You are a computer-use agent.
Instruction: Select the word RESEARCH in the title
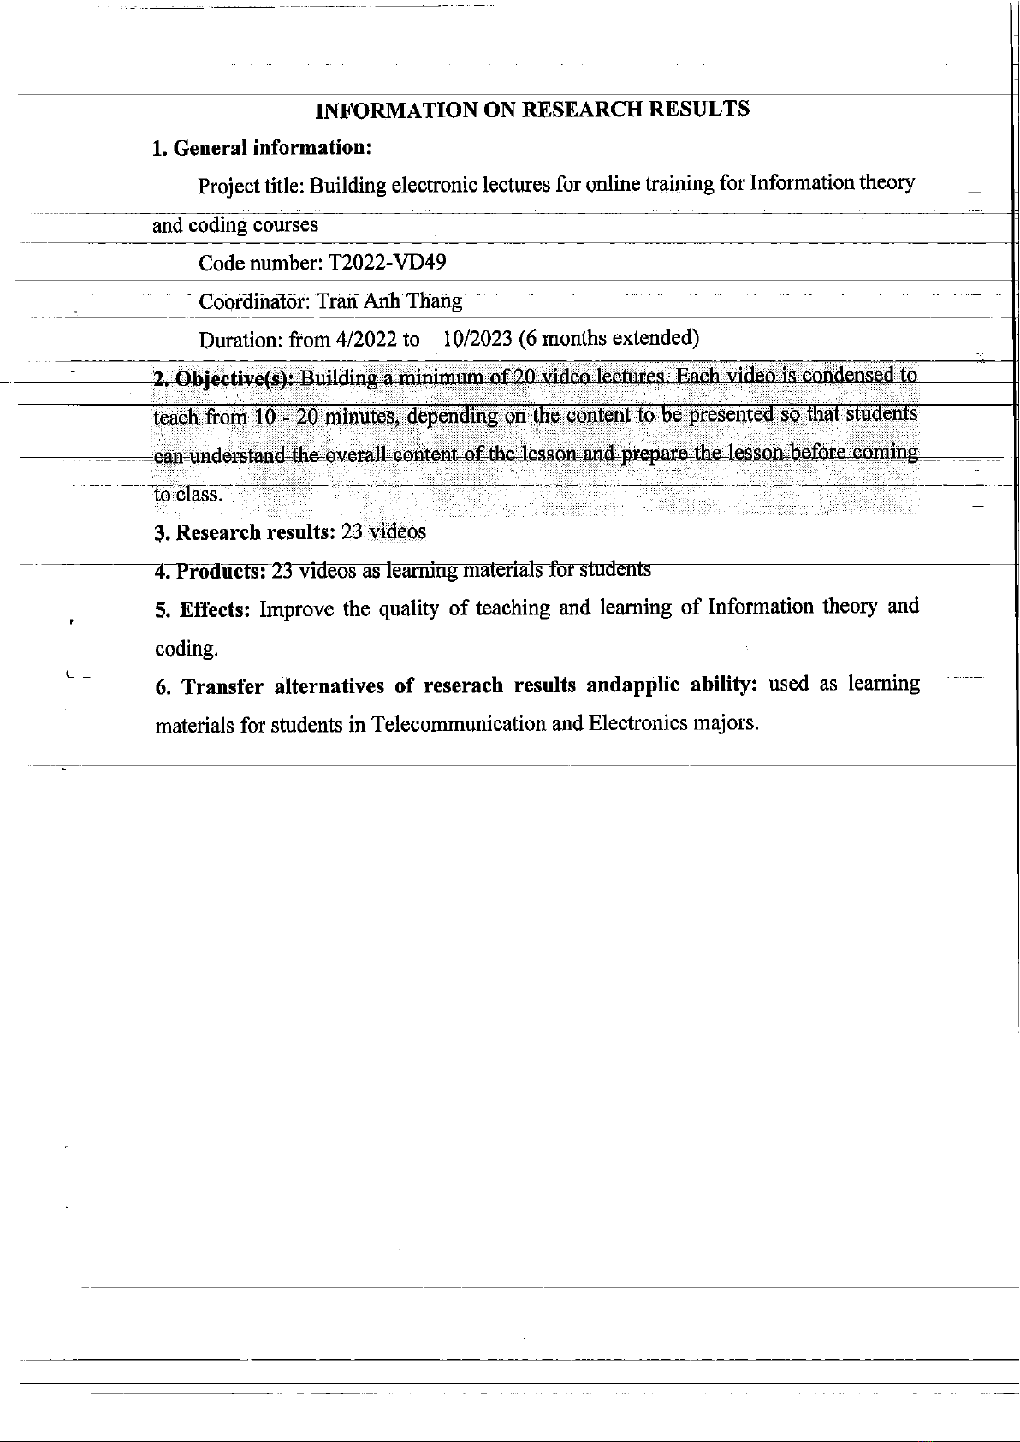pyautogui.click(x=583, y=109)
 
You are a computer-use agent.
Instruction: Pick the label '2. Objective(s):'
pyautogui.click(x=224, y=379)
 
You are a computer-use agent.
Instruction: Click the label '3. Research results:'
pyautogui.click(x=244, y=532)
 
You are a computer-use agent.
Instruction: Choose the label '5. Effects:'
pyautogui.click(x=203, y=609)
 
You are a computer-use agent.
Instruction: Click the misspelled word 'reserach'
pyautogui.click(x=462, y=686)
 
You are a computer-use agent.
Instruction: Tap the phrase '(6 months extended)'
pyautogui.click(x=609, y=338)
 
